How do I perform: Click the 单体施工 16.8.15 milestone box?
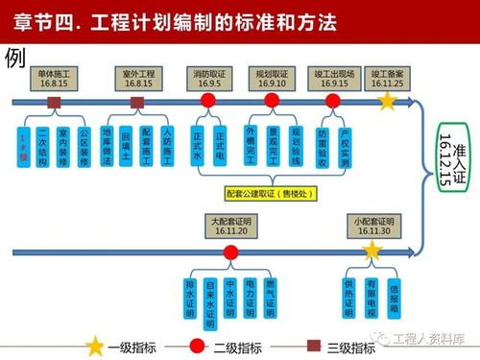(57, 77)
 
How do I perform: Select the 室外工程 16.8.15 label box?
(139, 77)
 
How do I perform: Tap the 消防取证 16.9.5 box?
(209, 77)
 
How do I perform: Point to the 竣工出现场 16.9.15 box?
(334, 77)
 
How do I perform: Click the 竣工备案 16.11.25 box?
(391, 77)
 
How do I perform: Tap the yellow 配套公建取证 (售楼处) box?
(274, 193)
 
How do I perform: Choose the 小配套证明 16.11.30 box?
(372, 227)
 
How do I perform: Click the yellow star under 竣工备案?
(388, 100)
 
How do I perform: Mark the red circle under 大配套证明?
(230, 252)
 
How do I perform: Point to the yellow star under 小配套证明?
(371, 252)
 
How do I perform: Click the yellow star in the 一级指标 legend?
(95, 346)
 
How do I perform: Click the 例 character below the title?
(14, 57)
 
